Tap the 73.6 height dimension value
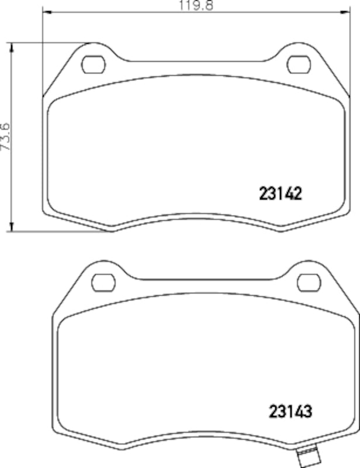point(5,137)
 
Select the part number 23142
point(279,193)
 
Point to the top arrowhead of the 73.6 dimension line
point(12,46)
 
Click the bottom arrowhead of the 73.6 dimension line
point(12,227)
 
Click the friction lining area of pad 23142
point(175,152)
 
